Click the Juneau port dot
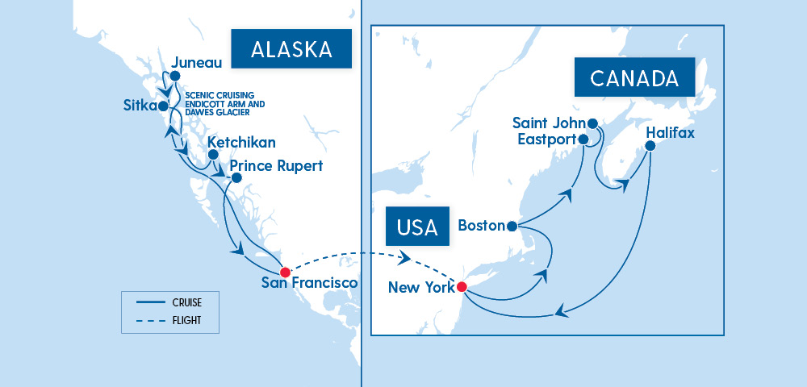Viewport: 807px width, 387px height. point(174,77)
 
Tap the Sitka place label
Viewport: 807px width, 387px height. point(140,106)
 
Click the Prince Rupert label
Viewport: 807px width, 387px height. point(276,166)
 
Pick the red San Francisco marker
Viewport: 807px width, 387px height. point(284,272)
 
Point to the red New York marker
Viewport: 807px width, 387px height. point(462,286)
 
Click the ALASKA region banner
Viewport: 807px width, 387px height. point(291,50)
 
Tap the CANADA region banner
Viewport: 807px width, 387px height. point(633,78)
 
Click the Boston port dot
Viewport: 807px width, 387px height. point(512,226)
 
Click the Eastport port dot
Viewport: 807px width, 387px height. point(583,139)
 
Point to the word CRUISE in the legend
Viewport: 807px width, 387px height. point(187,303)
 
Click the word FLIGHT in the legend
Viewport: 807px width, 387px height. point(186,320)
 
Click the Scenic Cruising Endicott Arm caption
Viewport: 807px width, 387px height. point(224,102)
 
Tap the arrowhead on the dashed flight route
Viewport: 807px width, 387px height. point(403,259)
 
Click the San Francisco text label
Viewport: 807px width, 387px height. point(309,283)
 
